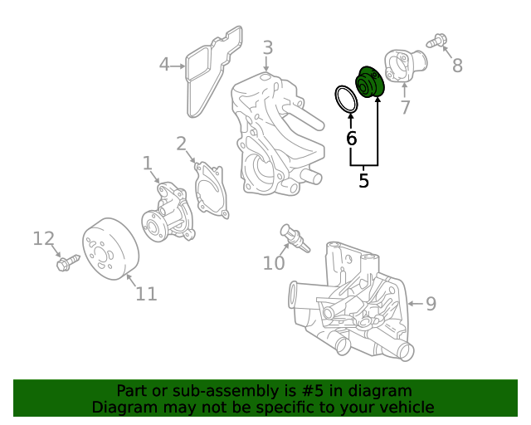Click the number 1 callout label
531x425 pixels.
pos(148,163)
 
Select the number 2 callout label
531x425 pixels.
pos(181,144)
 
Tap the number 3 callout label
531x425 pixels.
pos(267,48)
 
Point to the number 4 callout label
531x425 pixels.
pos(164,64)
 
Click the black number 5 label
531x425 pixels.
pos(363,179)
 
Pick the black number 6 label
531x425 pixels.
pos(351,138)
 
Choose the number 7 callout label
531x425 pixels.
pos(405,107)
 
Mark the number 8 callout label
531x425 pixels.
pos(457,65)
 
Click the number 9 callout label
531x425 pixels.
pos(431,304)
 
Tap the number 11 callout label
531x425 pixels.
pos(146,293)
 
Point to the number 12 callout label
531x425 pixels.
pos(43,239)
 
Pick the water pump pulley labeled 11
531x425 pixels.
pos(111,246)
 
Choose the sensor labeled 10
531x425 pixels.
pos(294,237)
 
